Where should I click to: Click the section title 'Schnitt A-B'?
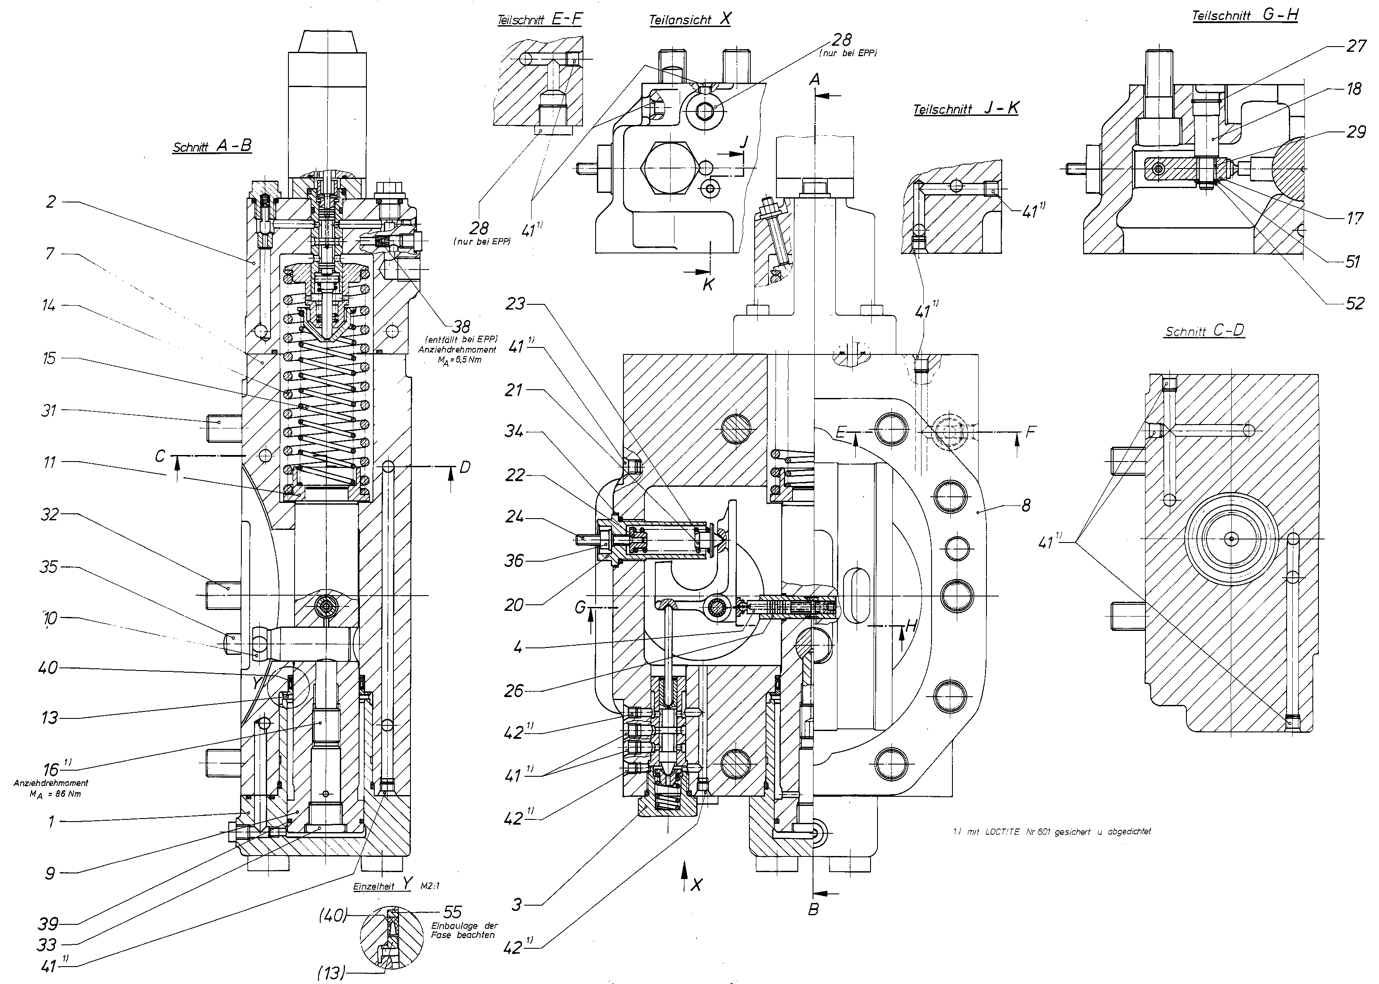point(212,146)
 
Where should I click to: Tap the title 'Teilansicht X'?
point(690,19)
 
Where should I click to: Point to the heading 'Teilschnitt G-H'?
point(1245,16)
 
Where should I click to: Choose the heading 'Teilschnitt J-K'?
point(966,109)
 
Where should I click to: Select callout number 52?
point(1355,303)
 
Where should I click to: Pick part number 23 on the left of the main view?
point(515,303)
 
